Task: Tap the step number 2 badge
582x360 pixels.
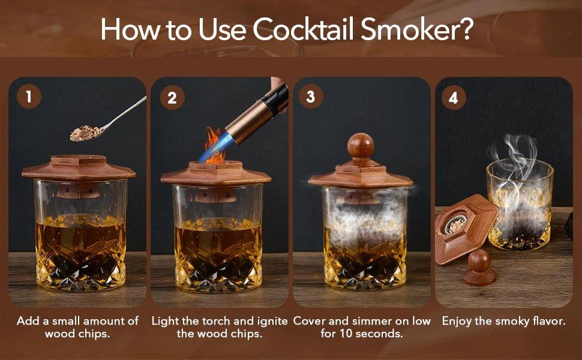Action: tap(172, 97)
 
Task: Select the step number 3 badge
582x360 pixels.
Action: tap(310, 97)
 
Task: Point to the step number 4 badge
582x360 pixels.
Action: tap(453, 97)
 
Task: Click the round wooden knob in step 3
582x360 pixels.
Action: tap(360, 146)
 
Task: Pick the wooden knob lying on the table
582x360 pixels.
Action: tap(479, 267)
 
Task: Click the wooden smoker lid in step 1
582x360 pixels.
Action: tap(79, 167)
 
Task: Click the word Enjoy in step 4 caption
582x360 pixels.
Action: tap(458, 321)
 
